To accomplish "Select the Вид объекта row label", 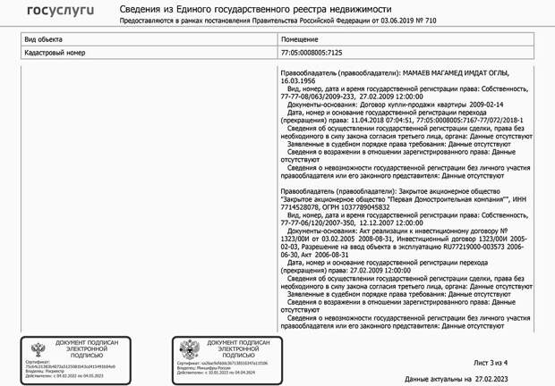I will (x=42, y=40).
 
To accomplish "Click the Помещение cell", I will (x=299, y=40).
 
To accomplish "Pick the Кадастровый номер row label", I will (x=55, y=53).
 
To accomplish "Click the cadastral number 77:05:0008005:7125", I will (x=312, y=53).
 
